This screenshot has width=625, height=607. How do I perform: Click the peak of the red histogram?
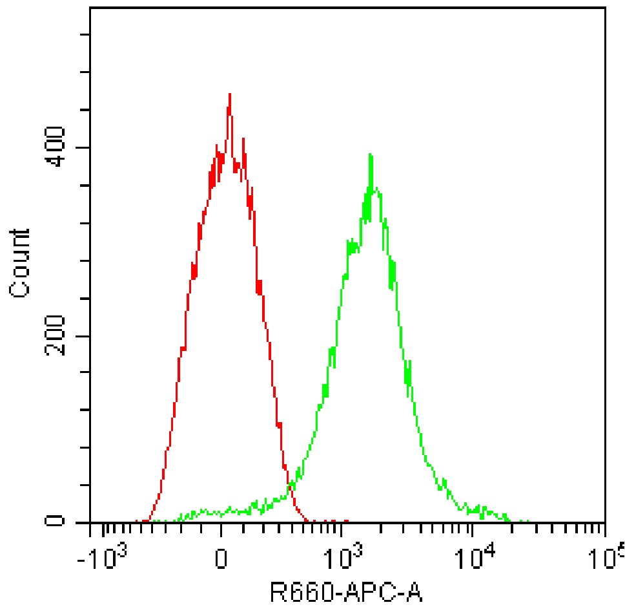point(229,94)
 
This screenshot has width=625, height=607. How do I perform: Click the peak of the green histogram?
point(370,154)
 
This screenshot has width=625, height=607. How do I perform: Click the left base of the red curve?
point(148,520)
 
